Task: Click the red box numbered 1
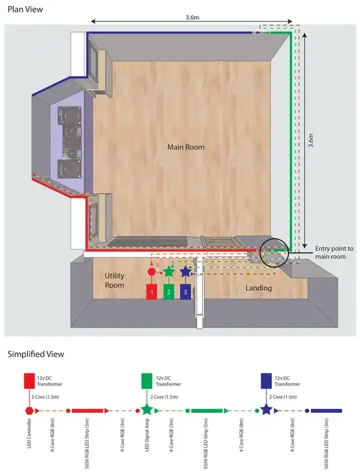[151, 292]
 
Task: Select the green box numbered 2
[169, 292]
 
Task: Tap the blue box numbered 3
[185, 292]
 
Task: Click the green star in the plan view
[169, 272]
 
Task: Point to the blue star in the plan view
[185, 272]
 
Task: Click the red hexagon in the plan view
[151, 272]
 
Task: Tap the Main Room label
[186, 147]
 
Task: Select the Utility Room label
[114, 280]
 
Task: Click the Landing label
[259, 288]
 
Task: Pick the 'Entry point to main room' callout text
[334, 252]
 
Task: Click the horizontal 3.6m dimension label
[192, 17]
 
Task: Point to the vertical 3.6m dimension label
[311, 140]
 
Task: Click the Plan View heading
[25, 9]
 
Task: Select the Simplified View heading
[35, 354]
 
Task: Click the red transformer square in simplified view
[29, 381]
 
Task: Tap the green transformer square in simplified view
[147, 381]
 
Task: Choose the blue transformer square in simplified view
[266, 381]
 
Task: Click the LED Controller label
[29, 433]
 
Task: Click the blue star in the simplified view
[266, 410]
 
